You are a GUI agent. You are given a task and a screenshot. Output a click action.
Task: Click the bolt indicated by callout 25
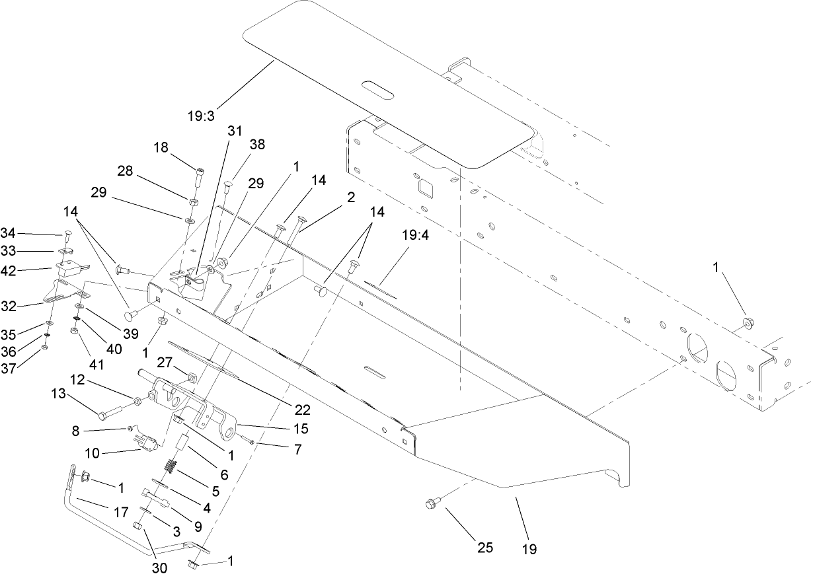coord(430,505)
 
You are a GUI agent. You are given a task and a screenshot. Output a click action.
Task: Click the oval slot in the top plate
coord(375,89)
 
